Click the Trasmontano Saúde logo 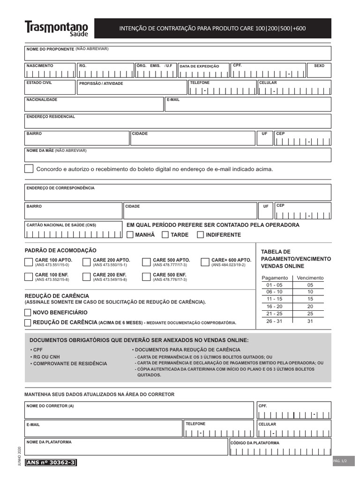[56, 29]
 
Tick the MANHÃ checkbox [130, 235]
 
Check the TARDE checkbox [165, 235]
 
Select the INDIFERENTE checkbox [201, 235]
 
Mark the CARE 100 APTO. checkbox [29, 262]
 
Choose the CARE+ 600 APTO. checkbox [204, 262]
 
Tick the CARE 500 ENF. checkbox [146, 277]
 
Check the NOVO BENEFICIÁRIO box [28, 313]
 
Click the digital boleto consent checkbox [29, 169]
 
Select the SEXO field [319, 72]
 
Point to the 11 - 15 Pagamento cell [275, 299]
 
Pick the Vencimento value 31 [310, 321]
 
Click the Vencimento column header [310, 278]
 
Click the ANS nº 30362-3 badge [51, 463]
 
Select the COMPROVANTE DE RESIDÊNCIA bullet [70, 363]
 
